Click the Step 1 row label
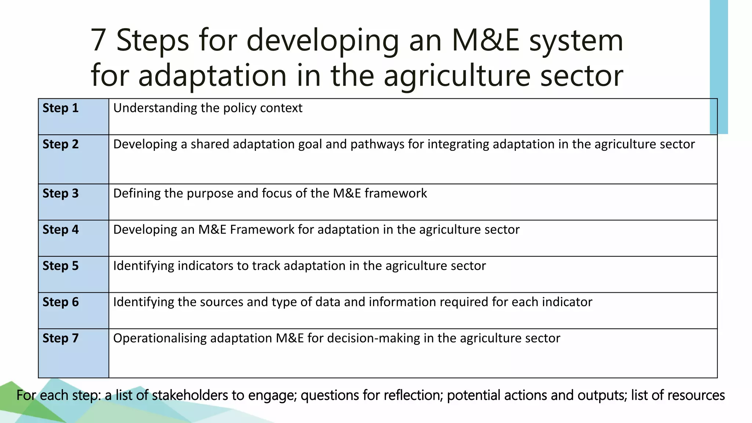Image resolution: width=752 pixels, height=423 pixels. point(61,108)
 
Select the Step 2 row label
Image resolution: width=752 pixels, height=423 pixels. point(61,144)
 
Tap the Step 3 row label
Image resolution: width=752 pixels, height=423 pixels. point(61,194)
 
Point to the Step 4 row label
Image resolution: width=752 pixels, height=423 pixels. point(61,230)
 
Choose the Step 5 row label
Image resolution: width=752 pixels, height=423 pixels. point(61,266)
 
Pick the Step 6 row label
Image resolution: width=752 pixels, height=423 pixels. point(61,302)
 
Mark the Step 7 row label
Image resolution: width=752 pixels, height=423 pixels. point(61,338)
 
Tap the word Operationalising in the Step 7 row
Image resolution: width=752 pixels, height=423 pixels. point(160,338)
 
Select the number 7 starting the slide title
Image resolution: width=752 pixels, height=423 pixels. point(98,40)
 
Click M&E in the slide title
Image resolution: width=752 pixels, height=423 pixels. point(485,40)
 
